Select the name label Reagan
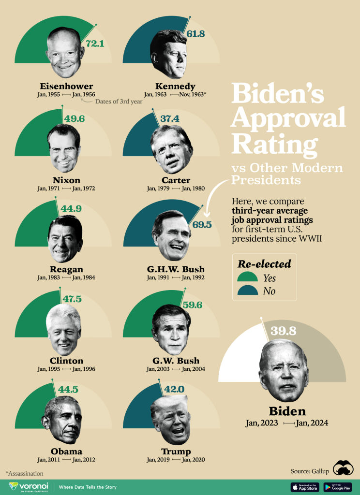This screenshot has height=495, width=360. [x=65, y=269]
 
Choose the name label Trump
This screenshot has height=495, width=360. [x=175, y=451]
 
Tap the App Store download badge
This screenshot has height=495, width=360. [x=304, y=487]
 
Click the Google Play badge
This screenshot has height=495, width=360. [x=337, y=487]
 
